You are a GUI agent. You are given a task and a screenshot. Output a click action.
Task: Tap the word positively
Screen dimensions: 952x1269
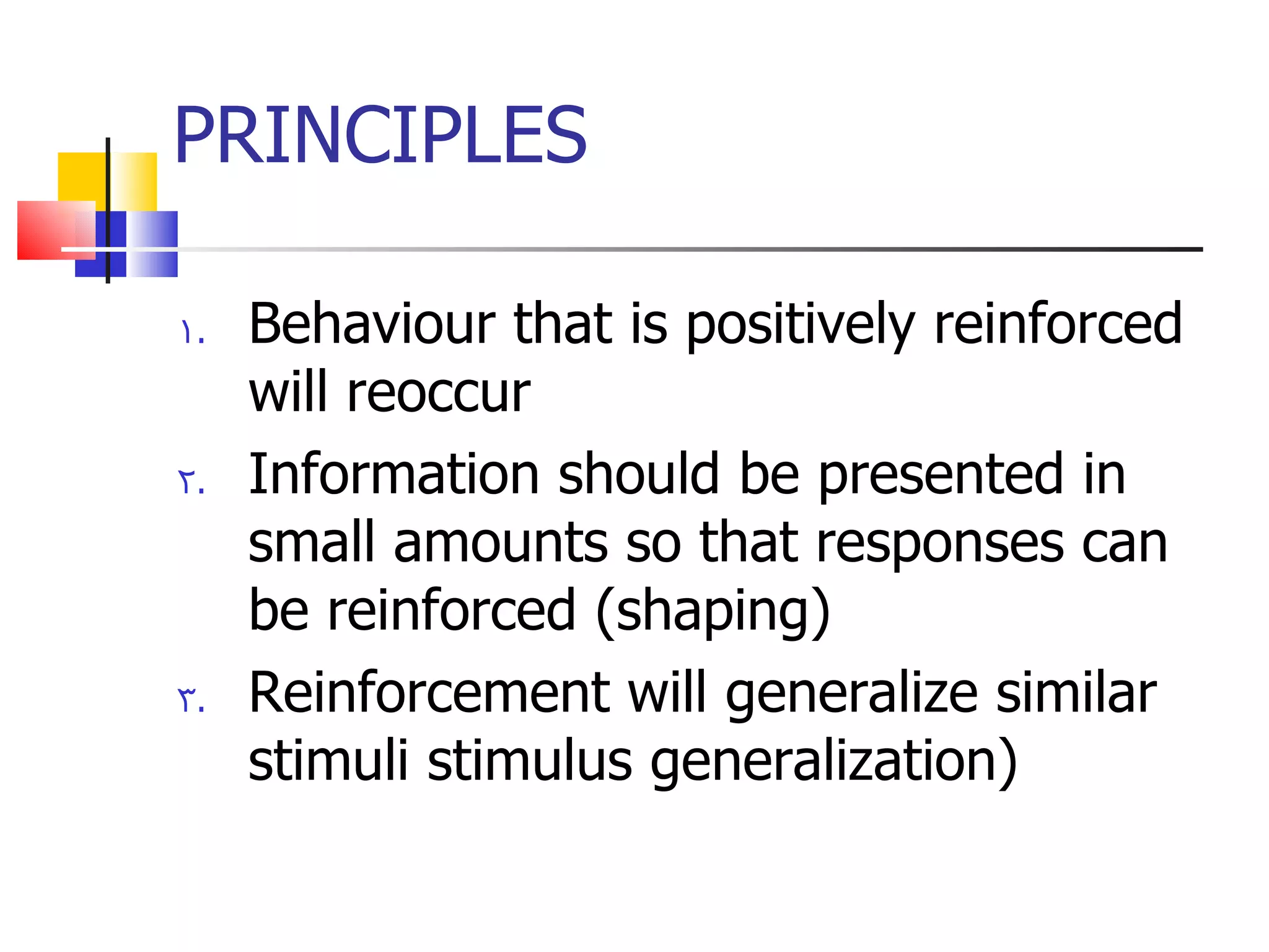[800, 325]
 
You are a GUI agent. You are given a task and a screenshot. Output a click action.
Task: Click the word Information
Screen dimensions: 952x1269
[393, 474]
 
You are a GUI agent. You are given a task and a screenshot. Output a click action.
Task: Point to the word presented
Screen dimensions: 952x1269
[941, 475]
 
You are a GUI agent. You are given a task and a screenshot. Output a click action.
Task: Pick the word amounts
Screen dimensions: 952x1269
[501, 542]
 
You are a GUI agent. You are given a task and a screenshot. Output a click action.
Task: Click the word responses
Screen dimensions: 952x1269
[940, 544]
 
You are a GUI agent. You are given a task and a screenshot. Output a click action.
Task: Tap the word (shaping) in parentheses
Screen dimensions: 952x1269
[713, 611]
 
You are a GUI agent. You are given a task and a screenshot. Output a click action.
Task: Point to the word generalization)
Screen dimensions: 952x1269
[833, 762]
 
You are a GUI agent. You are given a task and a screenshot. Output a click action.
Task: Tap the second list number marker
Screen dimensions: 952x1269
[191, 482]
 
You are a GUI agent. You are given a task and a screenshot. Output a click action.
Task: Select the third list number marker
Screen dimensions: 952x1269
[191, 700]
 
